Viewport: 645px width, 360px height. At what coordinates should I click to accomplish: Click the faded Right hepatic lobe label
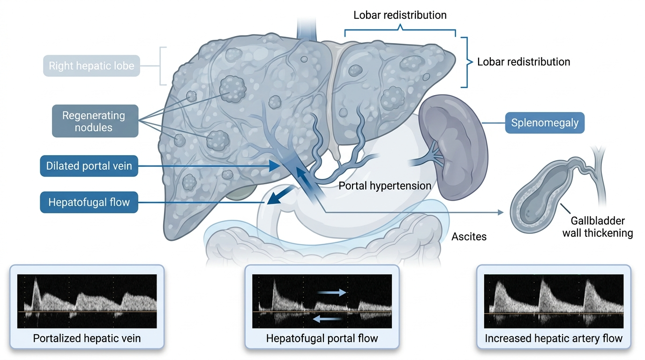pos(91,66)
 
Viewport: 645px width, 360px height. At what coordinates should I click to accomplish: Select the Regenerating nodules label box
pos(95,121)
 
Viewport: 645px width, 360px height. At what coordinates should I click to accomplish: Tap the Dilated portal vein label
pos(89,166)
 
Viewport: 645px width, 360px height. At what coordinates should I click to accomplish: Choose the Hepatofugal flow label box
pos(89,202)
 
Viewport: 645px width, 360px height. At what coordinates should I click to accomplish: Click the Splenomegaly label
pos(545,123)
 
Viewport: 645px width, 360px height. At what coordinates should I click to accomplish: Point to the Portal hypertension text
pos(385,186)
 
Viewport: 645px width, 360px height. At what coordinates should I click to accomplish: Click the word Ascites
pos(469,237)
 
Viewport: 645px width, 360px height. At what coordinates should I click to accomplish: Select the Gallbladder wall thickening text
pos(598,227)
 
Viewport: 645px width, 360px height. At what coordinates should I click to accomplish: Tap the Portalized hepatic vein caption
pos(87,338)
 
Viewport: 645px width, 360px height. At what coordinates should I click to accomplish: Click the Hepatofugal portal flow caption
pos(322,338)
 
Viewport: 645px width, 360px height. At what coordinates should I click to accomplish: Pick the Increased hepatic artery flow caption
pos(554,338)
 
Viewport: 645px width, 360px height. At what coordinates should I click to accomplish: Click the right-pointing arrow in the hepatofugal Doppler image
pos(332,292)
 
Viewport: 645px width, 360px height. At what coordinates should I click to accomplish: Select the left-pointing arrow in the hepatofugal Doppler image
pos(327,319)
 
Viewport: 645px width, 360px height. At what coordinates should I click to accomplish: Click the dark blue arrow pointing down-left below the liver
pos(280,195)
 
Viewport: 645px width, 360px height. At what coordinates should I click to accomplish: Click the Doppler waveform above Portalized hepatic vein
pos(87,301)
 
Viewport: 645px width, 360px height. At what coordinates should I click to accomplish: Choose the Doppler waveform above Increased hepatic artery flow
pos(554,301)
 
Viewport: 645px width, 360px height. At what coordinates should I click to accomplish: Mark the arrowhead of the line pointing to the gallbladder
pos(501,212)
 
